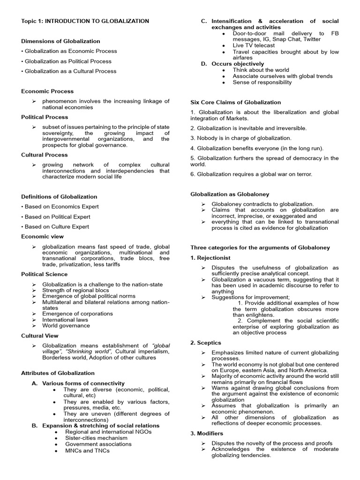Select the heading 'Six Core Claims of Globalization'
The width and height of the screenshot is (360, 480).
point(235,102)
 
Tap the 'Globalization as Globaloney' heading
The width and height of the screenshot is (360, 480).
point(230,194)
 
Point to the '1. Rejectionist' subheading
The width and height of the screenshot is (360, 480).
point(210,258)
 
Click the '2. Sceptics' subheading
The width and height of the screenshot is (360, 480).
point(206,343)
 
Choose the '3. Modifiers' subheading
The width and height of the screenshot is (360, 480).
point(207,434)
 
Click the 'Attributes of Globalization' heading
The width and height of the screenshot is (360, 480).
point(58,373)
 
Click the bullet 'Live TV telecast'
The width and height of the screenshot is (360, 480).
point(254,45)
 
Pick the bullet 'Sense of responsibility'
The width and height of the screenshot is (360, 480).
point(262,82)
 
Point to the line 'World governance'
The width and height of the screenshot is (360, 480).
point(66,326)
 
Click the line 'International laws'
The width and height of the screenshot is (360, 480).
point(65,320)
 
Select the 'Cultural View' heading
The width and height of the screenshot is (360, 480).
point(40,336)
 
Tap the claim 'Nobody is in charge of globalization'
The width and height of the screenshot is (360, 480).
point(241,138)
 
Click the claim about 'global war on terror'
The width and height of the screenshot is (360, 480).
point(251,174)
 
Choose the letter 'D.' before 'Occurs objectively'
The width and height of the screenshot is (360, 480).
point(204,64)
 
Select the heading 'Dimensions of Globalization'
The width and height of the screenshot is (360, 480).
point(60,41)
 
